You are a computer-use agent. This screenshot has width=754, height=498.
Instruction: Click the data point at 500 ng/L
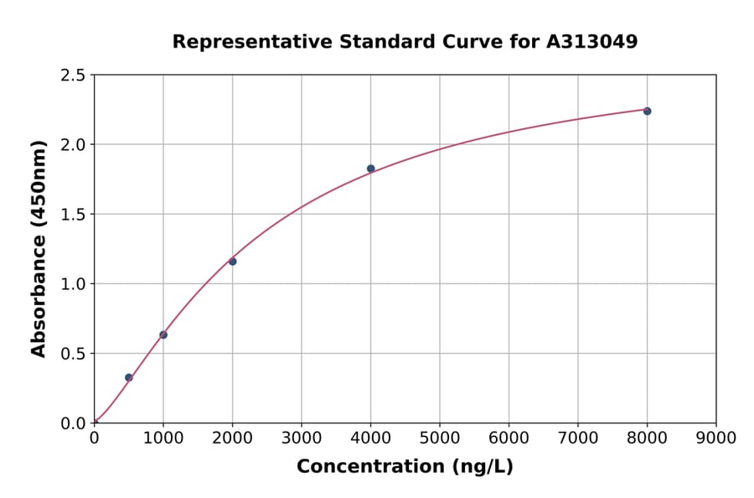click(x=128, y=377)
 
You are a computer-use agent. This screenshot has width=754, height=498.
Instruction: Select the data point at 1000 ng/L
click(x=163, y=335)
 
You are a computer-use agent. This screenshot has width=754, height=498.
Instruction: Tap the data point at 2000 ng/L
click(x=232, y=262)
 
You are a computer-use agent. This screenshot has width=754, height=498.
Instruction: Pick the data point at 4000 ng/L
click(x=370, y=169)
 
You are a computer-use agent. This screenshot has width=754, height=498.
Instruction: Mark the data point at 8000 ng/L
click(x=647, y=111)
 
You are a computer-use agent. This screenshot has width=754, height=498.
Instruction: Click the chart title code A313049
click(x=592, y=42)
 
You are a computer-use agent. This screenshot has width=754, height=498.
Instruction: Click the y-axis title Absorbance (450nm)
click(x=39, y=249)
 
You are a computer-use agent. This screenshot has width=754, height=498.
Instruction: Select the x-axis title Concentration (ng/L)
click(x=405, y=467)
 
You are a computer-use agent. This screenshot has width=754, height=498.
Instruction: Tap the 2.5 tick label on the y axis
click(x=74, y=75)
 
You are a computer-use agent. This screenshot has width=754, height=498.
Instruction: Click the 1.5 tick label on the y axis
click(x=74, y=215)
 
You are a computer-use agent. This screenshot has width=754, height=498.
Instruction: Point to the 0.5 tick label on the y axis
click(x=74, y=354)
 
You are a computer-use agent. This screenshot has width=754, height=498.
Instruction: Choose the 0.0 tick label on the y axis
click(x=74, y=423)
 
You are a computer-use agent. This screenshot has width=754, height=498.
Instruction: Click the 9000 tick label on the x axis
click(x=715, y=438)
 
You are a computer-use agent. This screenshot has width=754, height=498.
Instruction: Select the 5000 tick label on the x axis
click(x=439, y=438)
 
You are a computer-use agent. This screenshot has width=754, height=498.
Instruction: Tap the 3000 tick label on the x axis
click(x=301, y=438)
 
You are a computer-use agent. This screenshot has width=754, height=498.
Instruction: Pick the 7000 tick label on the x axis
click(x=577, y=438)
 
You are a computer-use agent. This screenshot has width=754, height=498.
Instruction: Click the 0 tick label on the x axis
click(x=94, y=438)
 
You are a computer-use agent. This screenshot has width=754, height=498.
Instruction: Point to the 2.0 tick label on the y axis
click(x=74, y=145)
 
